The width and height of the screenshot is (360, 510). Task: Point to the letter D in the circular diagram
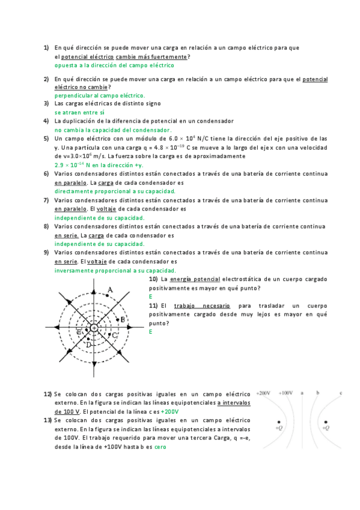[x=88, y=345]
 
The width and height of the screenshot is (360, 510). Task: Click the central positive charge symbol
[x=94, y=328]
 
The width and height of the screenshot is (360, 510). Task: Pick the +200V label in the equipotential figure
[x=264, y=393]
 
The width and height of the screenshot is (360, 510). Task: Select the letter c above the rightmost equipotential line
[x=341, y=393]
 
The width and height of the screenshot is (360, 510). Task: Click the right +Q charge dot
[x=325, y=422]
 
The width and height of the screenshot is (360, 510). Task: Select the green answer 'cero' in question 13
[x=160, y=447]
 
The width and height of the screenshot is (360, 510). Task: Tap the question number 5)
[x=46, y=138]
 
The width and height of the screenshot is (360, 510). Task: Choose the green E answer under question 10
[x=151, y=296]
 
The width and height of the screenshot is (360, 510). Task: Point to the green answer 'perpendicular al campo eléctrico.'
[x=99, y=95]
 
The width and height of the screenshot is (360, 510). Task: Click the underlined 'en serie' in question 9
[x=66, y=262]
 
